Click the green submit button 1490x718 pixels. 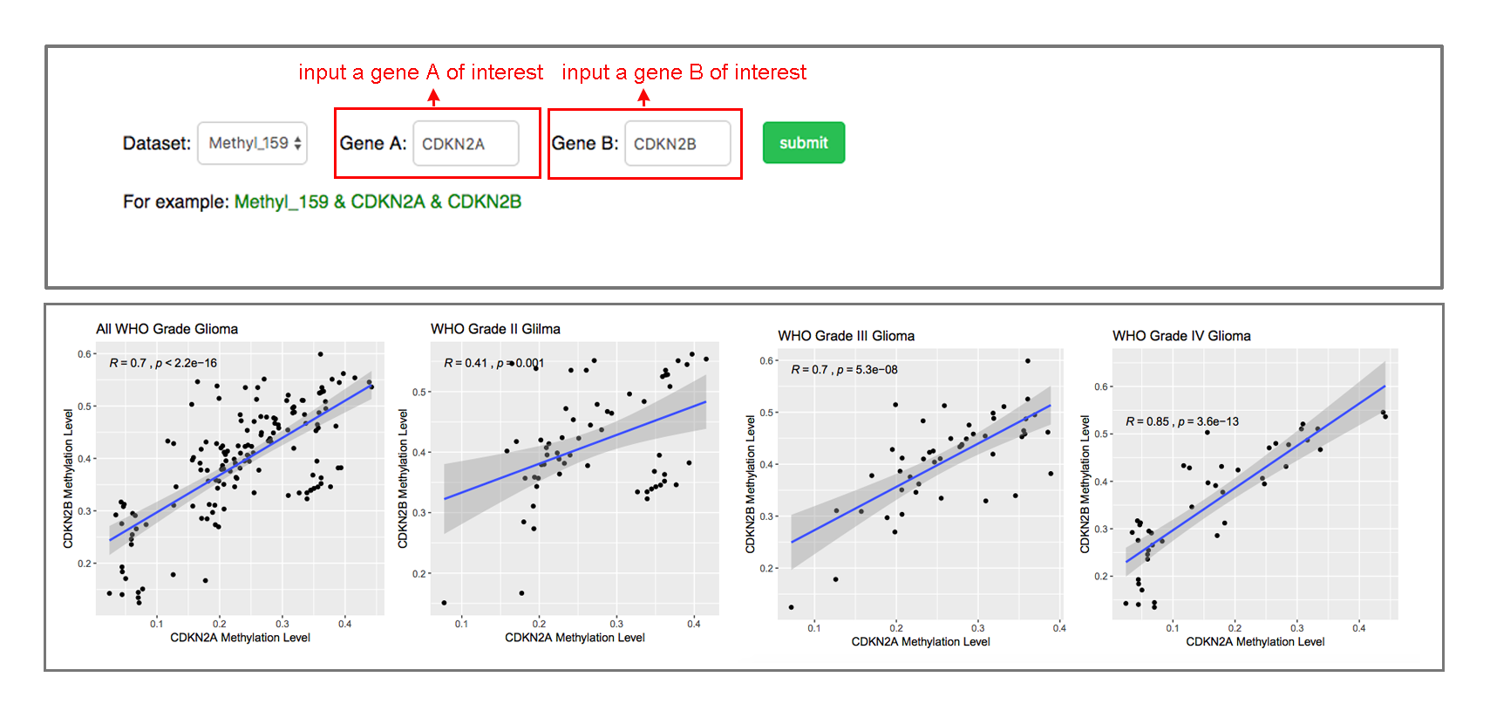click(803, 143)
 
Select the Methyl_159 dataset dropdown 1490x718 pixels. click(252, 143)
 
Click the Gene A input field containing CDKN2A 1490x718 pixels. click(465, 144)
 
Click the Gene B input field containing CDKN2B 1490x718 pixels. click(677, 144)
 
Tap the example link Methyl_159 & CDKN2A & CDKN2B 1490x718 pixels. click(378, 202)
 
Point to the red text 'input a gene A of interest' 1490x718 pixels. click(420, 72)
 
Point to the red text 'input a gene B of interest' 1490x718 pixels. click(684, 72)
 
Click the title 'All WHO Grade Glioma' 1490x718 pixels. click(167, 329)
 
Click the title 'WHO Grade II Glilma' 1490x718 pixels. click(495, 329)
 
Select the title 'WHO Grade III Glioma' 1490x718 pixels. click(846, 336)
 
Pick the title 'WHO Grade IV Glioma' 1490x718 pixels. click(1181, 336)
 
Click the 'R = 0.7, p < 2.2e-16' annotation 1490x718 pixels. click(163, 363)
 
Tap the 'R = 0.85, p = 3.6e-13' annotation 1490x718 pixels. click(1181, 421)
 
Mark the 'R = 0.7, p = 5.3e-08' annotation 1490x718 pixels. click(844, 370)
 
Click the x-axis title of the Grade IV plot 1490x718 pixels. click(1255, 642)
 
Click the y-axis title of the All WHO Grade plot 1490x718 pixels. click(68, 478)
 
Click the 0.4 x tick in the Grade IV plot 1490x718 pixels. click(1358, 628)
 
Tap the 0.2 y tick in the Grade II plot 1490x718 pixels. click(419, 574)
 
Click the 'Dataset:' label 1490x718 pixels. click(157, 144)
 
